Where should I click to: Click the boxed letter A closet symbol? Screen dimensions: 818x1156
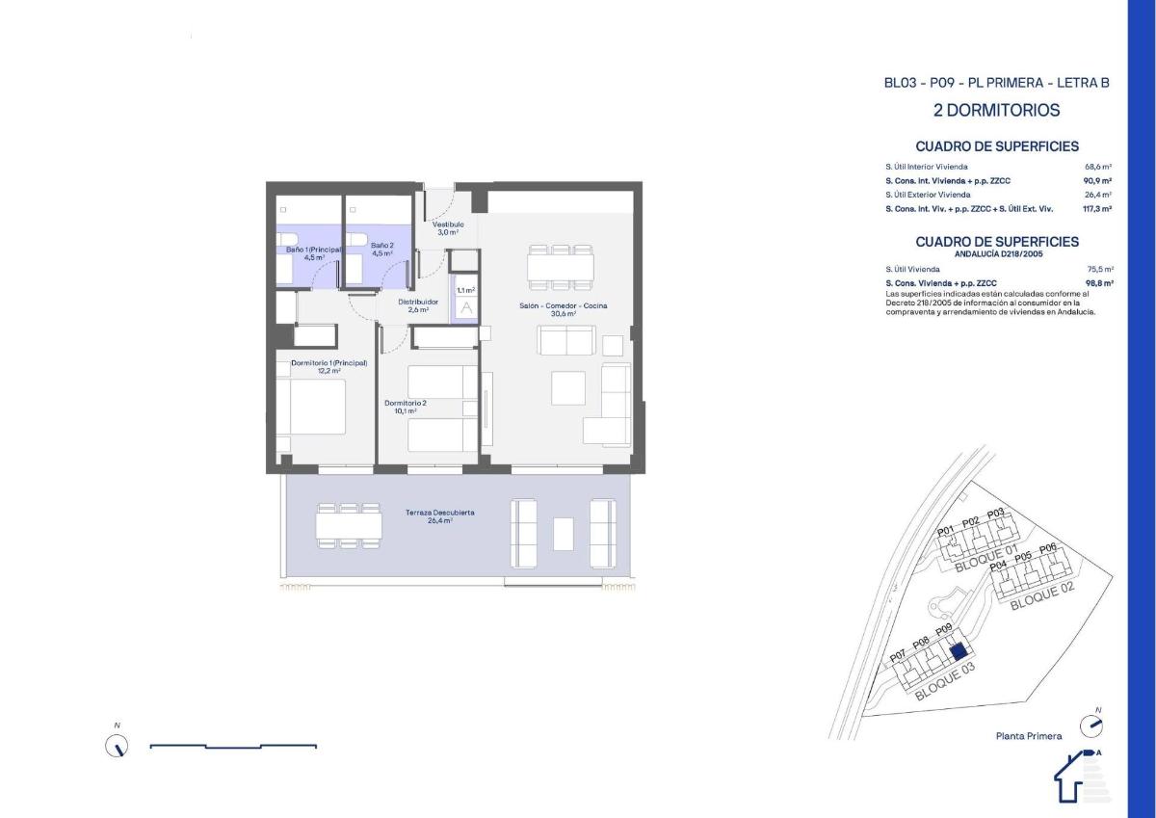[x=466, y=308]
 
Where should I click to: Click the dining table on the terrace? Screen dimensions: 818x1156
[x=348, y=525]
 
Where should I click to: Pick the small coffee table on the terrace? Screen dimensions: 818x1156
[x=564, y=533]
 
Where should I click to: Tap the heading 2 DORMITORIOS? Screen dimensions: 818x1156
[x=996, y=111]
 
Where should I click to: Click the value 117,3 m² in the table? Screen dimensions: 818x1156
[x=1098, y=208]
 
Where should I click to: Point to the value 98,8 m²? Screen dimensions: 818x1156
[x=1099, y=283]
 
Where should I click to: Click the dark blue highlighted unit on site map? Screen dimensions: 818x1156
[x=958, y=651]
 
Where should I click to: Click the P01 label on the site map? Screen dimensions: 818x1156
[x=945, y=531]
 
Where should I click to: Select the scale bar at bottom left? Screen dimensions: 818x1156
[x=233, y=746]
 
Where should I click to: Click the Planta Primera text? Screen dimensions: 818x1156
[x=1029, y=736]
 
